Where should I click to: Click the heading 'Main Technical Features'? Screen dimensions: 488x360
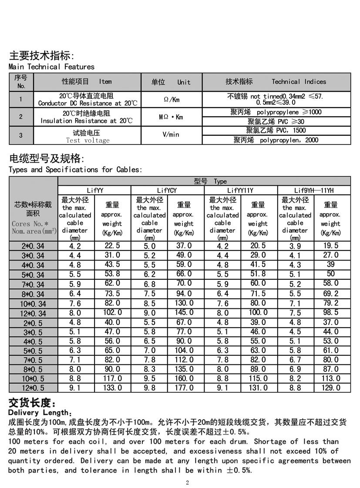[x=51, y=67]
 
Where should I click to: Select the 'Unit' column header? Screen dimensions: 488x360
[x=184, y=82]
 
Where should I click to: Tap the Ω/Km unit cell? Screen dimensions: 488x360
[x=172, y=100]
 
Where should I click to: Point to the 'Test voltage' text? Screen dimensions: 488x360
[x=87, y=140]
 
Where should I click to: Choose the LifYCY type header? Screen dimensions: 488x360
[x=167, y=190]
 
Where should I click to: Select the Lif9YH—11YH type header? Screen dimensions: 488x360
[x=314, y=190]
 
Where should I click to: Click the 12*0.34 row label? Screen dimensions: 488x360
[x=33, y=313]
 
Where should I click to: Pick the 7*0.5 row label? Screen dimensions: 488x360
[x=33, y=360]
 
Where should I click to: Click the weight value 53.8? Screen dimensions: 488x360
[x=112, y=274]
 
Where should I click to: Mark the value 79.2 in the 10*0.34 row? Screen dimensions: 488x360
[x=331, y=303]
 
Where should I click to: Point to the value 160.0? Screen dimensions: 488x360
[x=184, y=379]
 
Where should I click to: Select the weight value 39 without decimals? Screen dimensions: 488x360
[x=331, y=264]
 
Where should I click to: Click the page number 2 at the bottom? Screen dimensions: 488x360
[x=188, y=482]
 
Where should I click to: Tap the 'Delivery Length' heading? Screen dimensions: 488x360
[x=38, y=412]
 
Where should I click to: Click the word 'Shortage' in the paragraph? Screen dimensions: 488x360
[x=272, y=441]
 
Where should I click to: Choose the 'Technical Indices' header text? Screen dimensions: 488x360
[x=299, y=82]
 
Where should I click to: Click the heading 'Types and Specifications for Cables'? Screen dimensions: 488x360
[x=75, y=169]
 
